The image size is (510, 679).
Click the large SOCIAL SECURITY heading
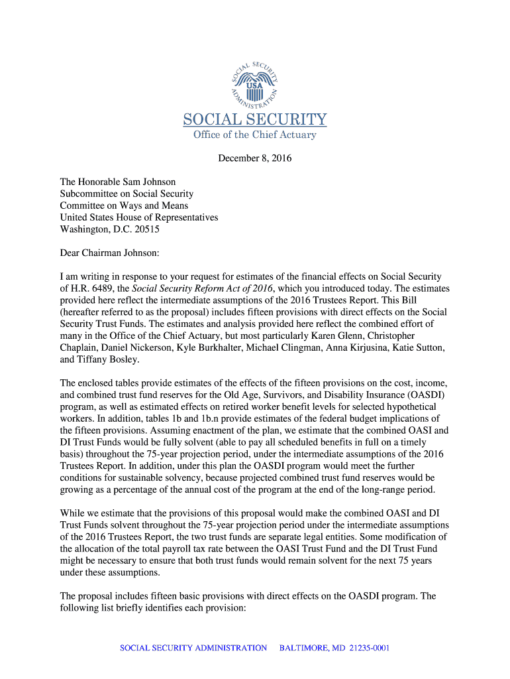(x=255, y=119)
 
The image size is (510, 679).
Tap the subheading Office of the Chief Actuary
(x=255, y=135)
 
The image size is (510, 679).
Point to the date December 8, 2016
(x=255, y=159)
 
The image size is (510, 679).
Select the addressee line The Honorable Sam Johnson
(x=118, y=182)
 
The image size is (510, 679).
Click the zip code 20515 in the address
(x=146, y=229)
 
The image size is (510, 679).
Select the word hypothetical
(x=412, y=406)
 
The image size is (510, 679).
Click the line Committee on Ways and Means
(x=124, y=206)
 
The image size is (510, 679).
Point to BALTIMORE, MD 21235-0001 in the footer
(x=334, y=648)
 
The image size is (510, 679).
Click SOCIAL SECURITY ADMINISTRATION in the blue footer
(x=193, y=648)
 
